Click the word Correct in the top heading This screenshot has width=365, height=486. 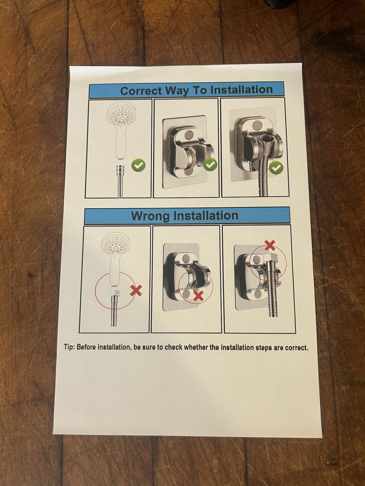(141, 91)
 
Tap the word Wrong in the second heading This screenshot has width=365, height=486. (150, 216)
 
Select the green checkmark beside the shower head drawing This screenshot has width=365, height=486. (138, 166)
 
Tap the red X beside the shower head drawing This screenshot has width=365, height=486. (136, 290)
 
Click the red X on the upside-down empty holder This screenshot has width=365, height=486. (198, 296)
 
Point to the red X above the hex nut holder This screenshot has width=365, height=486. (269, 245)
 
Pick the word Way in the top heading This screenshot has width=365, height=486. (178, 91)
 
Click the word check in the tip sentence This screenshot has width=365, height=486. (173, 347)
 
